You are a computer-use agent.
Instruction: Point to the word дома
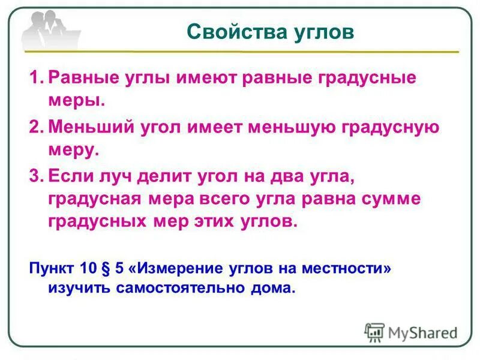point(275,287)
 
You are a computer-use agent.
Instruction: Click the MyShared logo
point(411,332)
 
